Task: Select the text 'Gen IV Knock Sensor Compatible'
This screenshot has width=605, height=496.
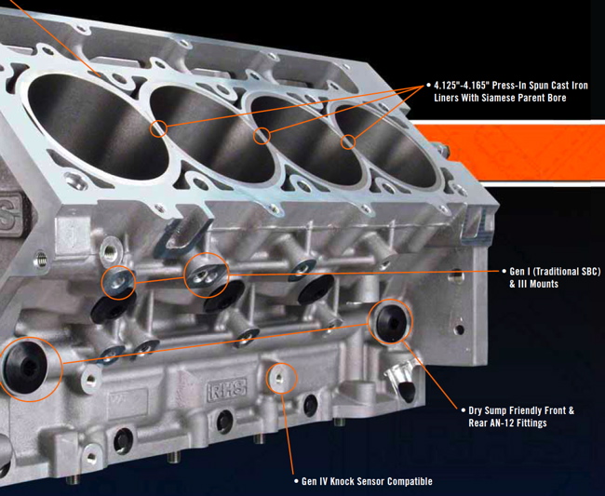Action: [367, 482]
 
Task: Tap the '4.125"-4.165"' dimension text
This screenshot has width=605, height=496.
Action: [468, 85]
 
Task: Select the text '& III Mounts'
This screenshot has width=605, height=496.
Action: [534, 284]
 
